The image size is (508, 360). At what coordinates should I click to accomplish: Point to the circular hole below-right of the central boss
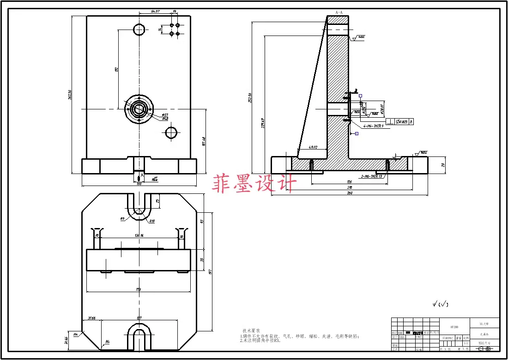click(171, 133)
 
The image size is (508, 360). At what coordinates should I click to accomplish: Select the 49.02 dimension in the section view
click(312, 148)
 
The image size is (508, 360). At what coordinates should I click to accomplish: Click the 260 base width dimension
click(350, 193)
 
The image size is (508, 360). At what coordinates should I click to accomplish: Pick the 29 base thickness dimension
click(443, 165)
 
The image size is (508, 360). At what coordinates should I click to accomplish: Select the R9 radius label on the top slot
click(122, 219)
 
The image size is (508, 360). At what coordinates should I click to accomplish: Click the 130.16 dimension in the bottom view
click(139, 236)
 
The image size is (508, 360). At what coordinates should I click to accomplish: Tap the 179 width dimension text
click(138, 289)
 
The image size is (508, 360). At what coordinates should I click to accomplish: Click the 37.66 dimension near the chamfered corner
click(91, 318)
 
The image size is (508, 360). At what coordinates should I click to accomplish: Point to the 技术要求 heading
click(251, 331)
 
